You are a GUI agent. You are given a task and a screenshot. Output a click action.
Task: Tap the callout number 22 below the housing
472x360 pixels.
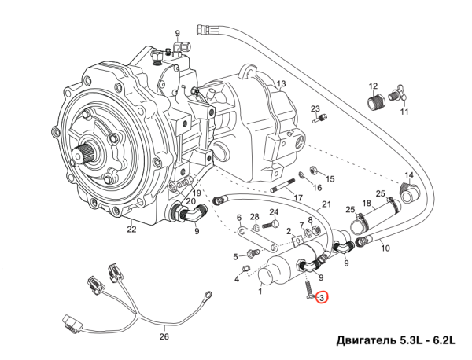[x=131, y=230]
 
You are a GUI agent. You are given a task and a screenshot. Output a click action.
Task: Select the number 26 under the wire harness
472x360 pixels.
[x=164, y=336]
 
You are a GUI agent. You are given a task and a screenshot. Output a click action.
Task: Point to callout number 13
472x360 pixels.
[x=282, y=83]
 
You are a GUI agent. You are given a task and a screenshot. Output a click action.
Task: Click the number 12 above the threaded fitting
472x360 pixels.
[x=374, y=86]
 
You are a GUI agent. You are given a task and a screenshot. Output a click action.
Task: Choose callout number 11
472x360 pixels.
[x=405, y=112]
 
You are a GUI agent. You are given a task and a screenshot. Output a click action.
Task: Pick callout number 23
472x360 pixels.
[x=315, y=108]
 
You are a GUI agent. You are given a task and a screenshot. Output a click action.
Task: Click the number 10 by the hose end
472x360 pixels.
[x=385, y=248]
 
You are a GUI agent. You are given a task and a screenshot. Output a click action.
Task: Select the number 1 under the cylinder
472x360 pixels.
[x=260, y=291]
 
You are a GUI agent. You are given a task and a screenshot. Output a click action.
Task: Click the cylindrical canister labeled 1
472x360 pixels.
[x=276, y=271]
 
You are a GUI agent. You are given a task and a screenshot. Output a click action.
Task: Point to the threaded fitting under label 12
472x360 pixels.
[x=376, y=102]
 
